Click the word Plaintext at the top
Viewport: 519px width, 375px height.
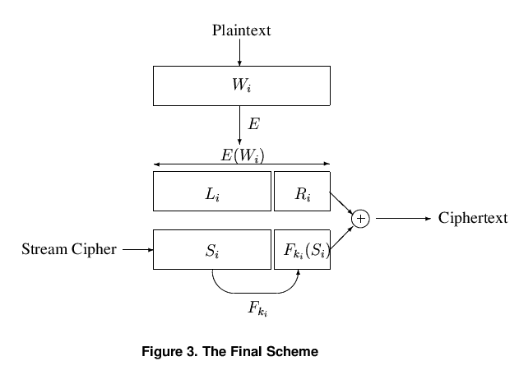[x=241, y=31]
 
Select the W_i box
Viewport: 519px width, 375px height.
[x=242, y=86]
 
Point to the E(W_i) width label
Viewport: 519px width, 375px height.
[x=242, y=155]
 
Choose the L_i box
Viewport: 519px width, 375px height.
[x=211, y=191]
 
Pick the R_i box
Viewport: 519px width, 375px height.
[x=301, y=191]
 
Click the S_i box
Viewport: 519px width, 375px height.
[x=211, y=249]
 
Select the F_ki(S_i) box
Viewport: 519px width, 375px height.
[x=301, y=249]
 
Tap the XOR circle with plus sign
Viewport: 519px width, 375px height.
[x=360, y=219]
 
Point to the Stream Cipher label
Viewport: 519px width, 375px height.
[x=69, y=248]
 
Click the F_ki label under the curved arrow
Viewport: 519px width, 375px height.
[x=257, y=308]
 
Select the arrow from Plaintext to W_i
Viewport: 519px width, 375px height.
[x=239, y=53]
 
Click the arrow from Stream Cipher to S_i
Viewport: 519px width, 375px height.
[x=137, y=248]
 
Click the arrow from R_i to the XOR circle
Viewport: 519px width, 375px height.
[x=341, y=204]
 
